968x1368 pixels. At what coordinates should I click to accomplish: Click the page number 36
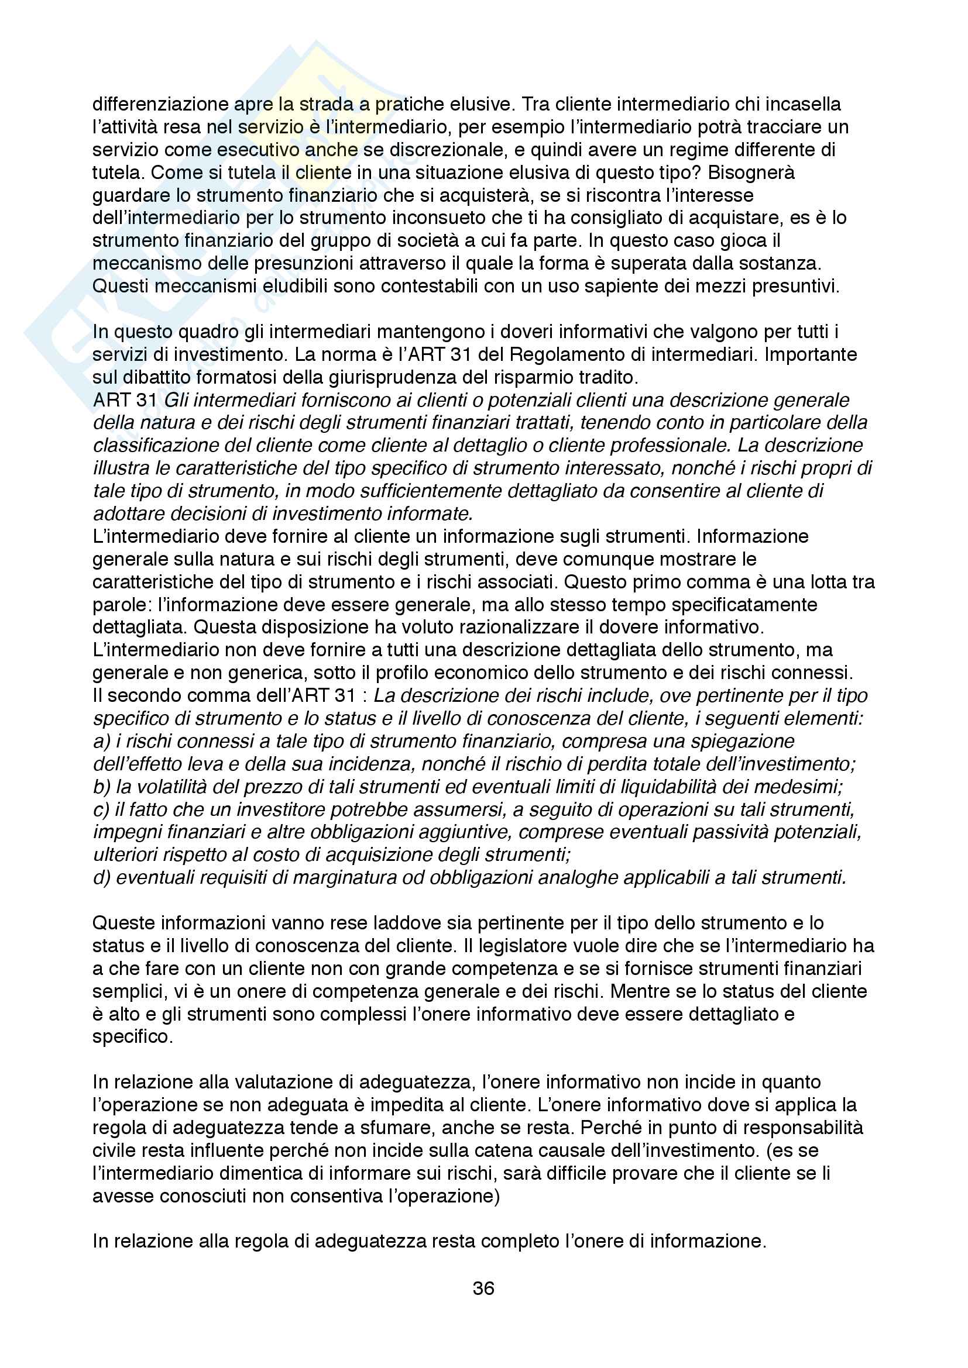click(x=483, y=1288)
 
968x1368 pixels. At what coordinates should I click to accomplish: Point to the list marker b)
click(x=102, y=787)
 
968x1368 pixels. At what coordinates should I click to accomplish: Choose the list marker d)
click(x=102, y=878)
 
